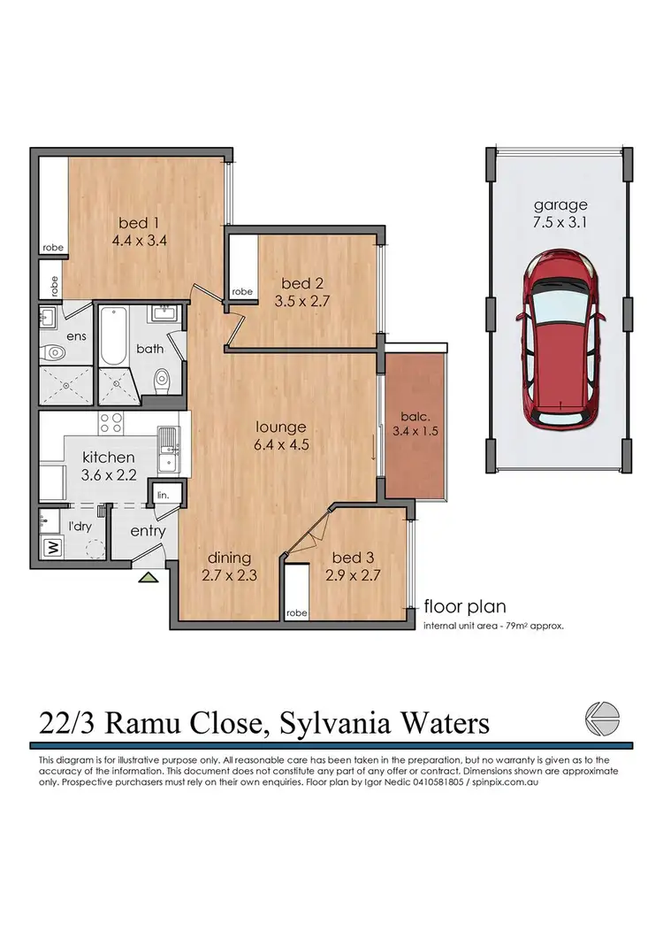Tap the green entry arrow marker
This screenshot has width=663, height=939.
[149, 579]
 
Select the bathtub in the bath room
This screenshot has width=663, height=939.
[112, 337]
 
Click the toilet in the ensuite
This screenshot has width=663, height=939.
[56, 352]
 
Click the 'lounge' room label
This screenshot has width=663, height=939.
[281, 427]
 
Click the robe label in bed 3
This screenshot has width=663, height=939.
[297, 612]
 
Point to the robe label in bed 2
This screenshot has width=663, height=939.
[242, 291]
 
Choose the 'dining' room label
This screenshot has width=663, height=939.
[229, 558]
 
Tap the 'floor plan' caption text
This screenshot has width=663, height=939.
[465, 606]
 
